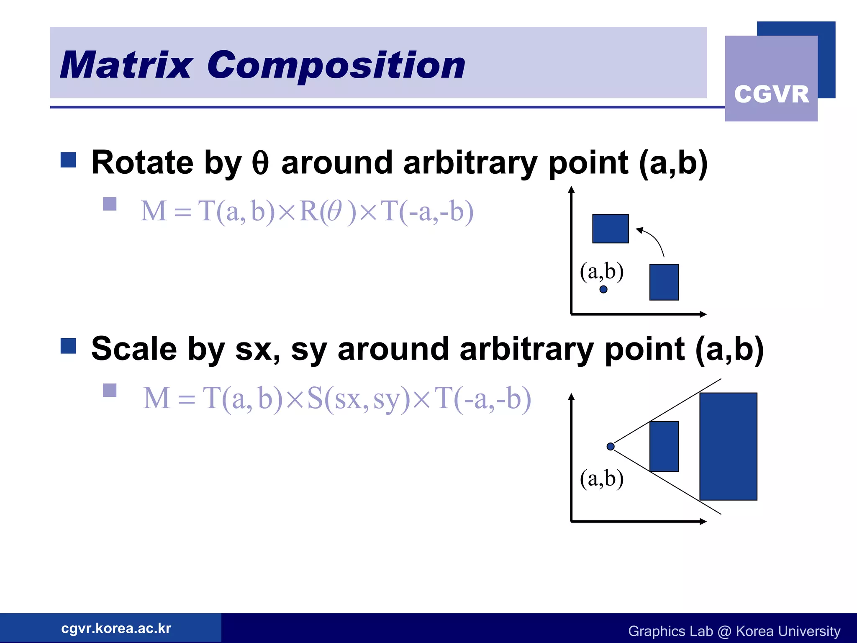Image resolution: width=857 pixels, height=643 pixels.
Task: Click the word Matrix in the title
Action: tap(126, 65)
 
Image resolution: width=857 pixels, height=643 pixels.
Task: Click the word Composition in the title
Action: tap(336, 65)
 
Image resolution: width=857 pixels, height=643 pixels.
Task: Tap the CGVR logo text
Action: tap(771, 94)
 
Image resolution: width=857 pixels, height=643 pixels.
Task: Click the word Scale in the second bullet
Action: tap(134, 349)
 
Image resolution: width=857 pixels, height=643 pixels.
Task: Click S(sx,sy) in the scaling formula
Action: tap(358, 398)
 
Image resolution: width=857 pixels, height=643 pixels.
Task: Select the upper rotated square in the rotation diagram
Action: tap(610, 229)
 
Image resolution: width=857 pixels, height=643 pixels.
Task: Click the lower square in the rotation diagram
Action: tap(664, 282)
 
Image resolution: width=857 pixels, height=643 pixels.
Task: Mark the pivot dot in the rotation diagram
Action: tap(603, 289)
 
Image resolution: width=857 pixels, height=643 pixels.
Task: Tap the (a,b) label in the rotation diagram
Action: tap(601, 271)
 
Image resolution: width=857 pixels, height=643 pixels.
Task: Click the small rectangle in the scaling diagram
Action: tap(664, 446)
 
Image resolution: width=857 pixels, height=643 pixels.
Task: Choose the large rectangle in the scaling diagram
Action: tap(728, 446)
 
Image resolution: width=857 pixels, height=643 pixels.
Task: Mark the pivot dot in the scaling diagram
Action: tap(611, 446)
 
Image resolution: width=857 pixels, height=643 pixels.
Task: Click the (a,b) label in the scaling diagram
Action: tap(601, 478)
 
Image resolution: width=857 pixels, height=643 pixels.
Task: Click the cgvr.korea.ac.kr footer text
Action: tap(116, 628)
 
